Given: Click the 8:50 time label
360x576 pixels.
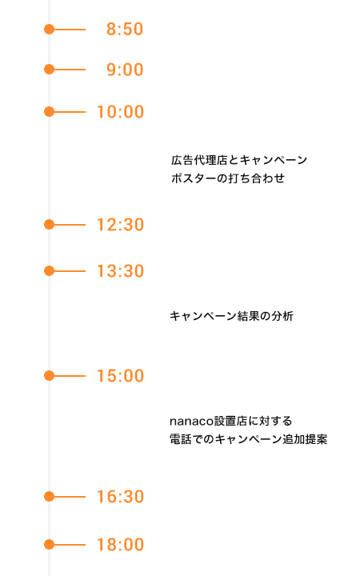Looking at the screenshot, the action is (x=125, y=30).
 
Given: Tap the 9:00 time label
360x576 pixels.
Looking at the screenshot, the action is (x=125, y=70).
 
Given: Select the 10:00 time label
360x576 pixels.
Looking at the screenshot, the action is (x=120, y=112).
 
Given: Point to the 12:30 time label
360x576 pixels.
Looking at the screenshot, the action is (x=120, y=225).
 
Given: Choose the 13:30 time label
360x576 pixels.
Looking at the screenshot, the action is (x=120, y=271).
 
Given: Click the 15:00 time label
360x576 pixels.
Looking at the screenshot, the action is (x=120, y=376).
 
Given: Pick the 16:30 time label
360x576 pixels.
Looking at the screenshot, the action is (x=120, y=497).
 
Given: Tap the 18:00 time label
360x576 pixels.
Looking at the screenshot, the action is (x=120, y=545).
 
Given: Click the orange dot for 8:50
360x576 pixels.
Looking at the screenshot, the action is (x=49, y=30).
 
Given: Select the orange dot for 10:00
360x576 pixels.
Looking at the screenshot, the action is (x=49, y=112).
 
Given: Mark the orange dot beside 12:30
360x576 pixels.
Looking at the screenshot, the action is (x=49, y=225).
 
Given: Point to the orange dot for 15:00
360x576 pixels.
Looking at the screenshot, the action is (x=49, y=376).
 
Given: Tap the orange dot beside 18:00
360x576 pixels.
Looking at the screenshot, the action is (x=49, y=545).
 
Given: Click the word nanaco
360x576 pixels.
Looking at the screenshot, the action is (x=191, y=422).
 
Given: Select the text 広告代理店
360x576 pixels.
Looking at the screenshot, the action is (x=199, y=160).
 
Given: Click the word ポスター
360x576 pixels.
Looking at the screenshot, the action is (x=194, y=178).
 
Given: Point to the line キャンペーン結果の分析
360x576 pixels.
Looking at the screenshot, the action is (x=231, y=316).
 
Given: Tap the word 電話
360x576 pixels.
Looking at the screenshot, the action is (x=181, y=439).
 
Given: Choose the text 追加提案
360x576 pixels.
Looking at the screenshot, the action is (x=305, y=439).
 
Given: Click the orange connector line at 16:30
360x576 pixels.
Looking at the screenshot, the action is (x=70, y=497).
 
